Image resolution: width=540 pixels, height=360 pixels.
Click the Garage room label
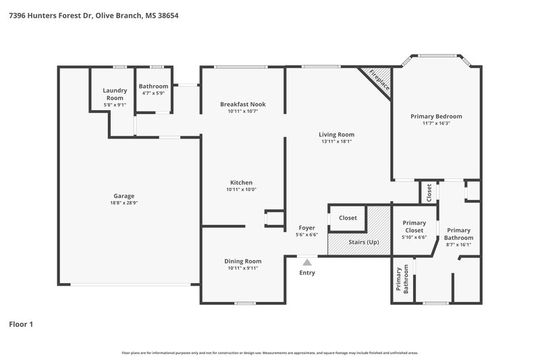tap(128, 196)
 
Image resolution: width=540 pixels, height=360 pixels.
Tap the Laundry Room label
tap(114, 94)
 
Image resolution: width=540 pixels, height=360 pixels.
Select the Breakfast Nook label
tap(243, 104)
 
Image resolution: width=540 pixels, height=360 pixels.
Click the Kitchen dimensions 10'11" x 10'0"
tap(241, 190)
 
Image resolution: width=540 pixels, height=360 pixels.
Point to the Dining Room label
tap(242, 261)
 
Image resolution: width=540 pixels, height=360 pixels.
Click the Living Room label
tap(336, 134)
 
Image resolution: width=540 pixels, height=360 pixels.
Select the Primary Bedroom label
tap(436, 116)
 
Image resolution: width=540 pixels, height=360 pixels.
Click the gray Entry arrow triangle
tap(307, 262)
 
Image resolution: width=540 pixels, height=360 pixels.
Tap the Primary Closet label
tap(414, 226)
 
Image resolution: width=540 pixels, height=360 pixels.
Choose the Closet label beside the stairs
tap(348, 217)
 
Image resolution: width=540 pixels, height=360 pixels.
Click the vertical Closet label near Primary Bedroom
tap(429, 192)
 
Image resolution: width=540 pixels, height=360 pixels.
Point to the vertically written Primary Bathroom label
tap(406, 280)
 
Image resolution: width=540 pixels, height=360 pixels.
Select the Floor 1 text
tap(21, 324)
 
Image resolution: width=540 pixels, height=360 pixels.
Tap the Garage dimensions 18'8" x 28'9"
tap(128, 203)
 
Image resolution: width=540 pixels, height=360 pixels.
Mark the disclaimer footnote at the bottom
tap(269, 353)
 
